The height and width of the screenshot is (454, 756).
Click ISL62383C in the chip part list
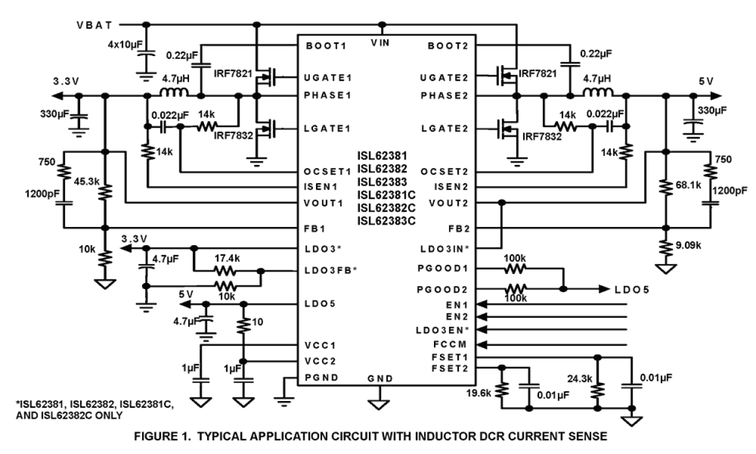tap(385, 220)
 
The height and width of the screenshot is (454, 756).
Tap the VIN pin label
tap(381, 43)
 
